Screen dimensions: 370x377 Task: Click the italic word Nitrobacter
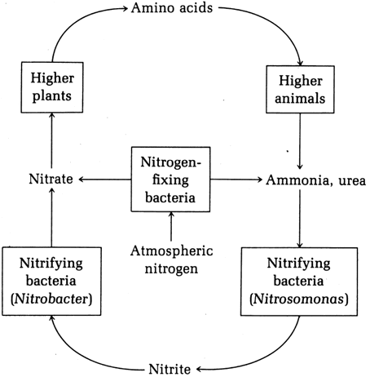click(x=51, y=299)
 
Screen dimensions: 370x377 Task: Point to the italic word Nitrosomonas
click(x=299, y=299)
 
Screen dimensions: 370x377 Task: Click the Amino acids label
click(x=172, y=7)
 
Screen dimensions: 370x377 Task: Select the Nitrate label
click(x=51, y=179)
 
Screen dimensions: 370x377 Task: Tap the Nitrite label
click(x=170, y=369)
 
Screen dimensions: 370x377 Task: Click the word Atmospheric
click(x=171, y=251)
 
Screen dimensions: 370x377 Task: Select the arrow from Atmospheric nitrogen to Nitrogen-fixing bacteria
click(x=171, y=226)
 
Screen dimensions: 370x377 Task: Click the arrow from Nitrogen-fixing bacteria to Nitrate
click(x=105, y=180)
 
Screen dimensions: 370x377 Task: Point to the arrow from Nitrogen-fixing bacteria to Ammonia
click(x=236, y=180)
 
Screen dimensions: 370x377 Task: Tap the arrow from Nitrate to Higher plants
click(x=51, y=140)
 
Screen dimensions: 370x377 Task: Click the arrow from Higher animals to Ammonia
click(x=300, y=141)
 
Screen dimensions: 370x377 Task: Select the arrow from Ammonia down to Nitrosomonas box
click(x=300, y=219)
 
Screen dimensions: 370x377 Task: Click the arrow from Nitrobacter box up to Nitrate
click(x=51, y=218)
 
